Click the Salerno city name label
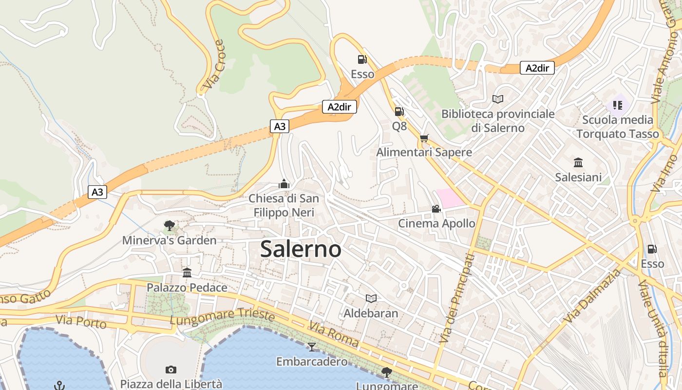(301, 249)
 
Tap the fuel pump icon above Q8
(399, 112)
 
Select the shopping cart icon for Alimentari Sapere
(424, 138)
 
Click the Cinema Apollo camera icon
(436, 209)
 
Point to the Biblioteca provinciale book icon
(497, 99)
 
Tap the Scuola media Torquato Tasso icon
(617, 105)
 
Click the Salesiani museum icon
(578, 162)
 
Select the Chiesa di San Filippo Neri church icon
(284, 184)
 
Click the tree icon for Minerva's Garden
(169, 225)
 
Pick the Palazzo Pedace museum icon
(187, 273)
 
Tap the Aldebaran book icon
(371, 298)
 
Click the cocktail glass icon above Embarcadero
(311, 347)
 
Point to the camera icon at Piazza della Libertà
(170, 370)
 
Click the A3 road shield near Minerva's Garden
(97, 192)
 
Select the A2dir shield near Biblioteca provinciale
(537, 68)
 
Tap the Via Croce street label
(213, 64)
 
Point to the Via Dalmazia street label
(593, 296)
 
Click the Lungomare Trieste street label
(222, 315)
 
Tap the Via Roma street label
(334, 334)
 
